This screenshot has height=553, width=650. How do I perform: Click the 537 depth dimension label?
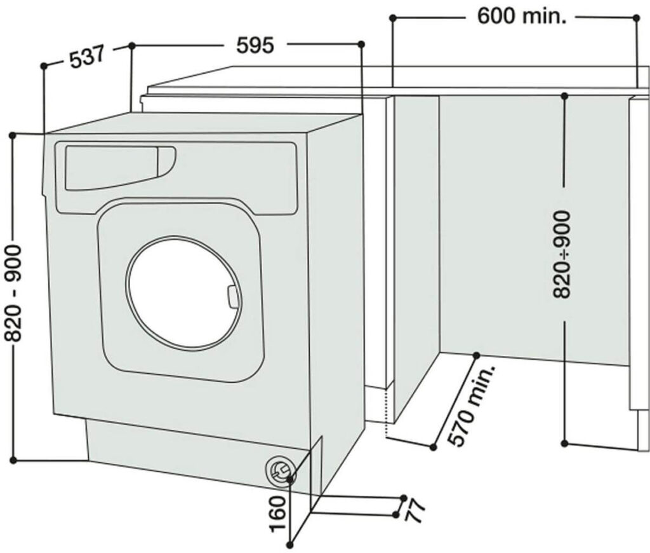[86, 58]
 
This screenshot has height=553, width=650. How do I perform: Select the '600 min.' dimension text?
[521, 17]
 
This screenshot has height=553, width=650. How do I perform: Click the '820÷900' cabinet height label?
[562, 255]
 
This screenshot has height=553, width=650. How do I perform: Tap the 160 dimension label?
[279, 512]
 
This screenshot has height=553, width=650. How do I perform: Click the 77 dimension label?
[415, 511]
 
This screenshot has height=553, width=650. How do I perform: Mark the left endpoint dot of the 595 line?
[132, 45]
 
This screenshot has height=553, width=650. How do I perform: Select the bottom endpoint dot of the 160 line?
[291, 543]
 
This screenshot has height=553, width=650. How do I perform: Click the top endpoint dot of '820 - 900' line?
[13, 135]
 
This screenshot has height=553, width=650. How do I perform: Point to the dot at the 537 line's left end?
[43, 65]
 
